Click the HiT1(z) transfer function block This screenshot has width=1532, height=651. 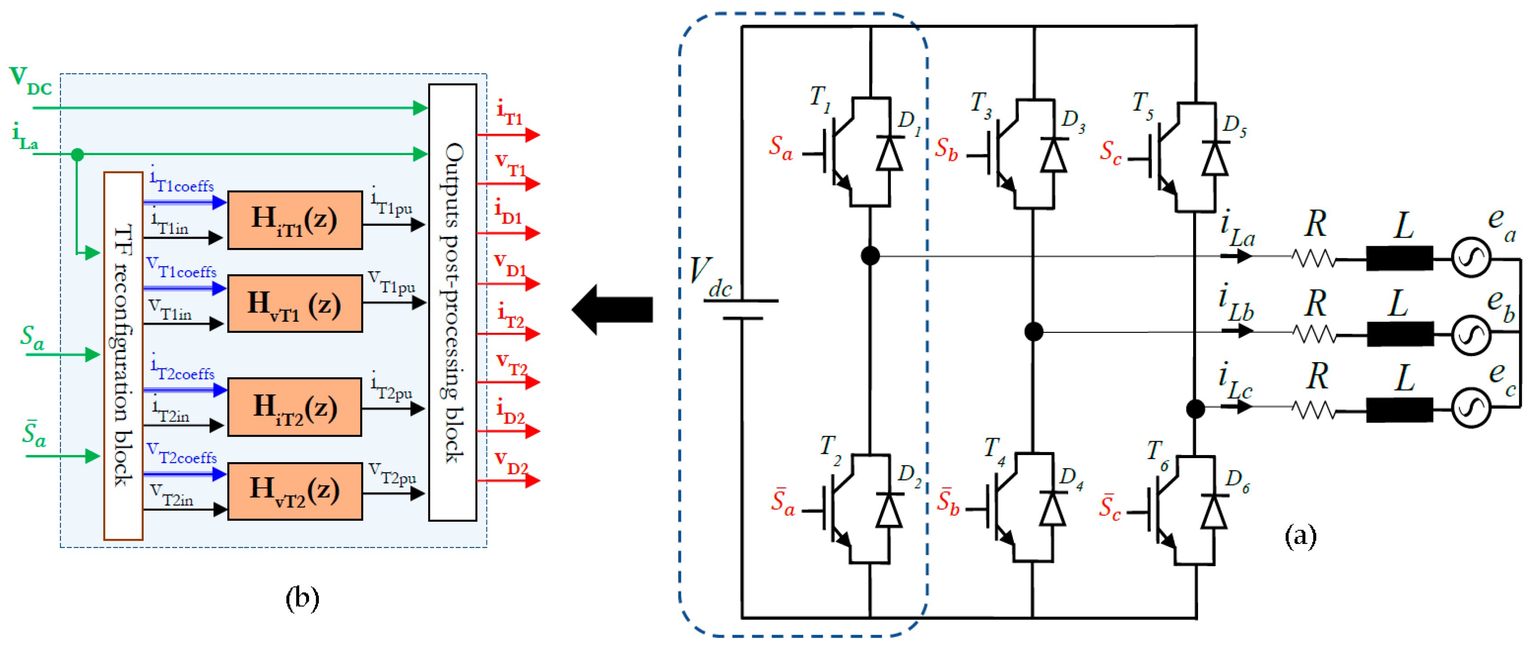295,220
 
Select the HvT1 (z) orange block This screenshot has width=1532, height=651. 295,303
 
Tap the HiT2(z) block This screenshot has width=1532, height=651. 295,407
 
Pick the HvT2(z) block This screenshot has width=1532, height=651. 295,491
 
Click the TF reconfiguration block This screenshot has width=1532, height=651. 123,355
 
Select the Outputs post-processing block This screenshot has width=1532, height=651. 453,302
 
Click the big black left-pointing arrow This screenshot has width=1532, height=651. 612,309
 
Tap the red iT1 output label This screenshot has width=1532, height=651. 510,112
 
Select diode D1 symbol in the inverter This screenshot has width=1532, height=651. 889,153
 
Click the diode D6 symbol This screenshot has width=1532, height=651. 1214,511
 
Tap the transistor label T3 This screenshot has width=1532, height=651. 981,104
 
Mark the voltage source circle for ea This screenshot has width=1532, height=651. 1470,257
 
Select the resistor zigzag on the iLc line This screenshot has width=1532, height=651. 1314,409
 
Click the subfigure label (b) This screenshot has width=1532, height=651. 302,598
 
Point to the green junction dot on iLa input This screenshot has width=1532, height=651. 77,155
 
